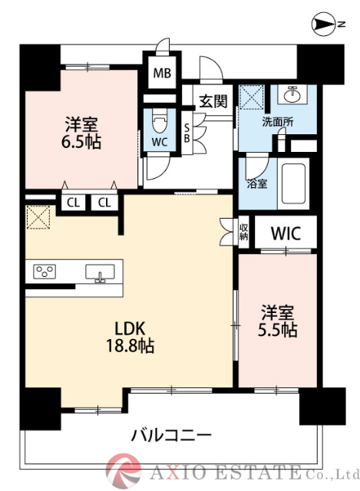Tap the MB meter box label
[x=161, y=74]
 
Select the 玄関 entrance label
[x=213, y=101]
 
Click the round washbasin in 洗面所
[x=293, y=96]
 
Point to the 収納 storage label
[x=243, y=231]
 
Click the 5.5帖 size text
[x=279, y=331]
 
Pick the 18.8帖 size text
[x=128, y=346]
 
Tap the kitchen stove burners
[x=45, y=271]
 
